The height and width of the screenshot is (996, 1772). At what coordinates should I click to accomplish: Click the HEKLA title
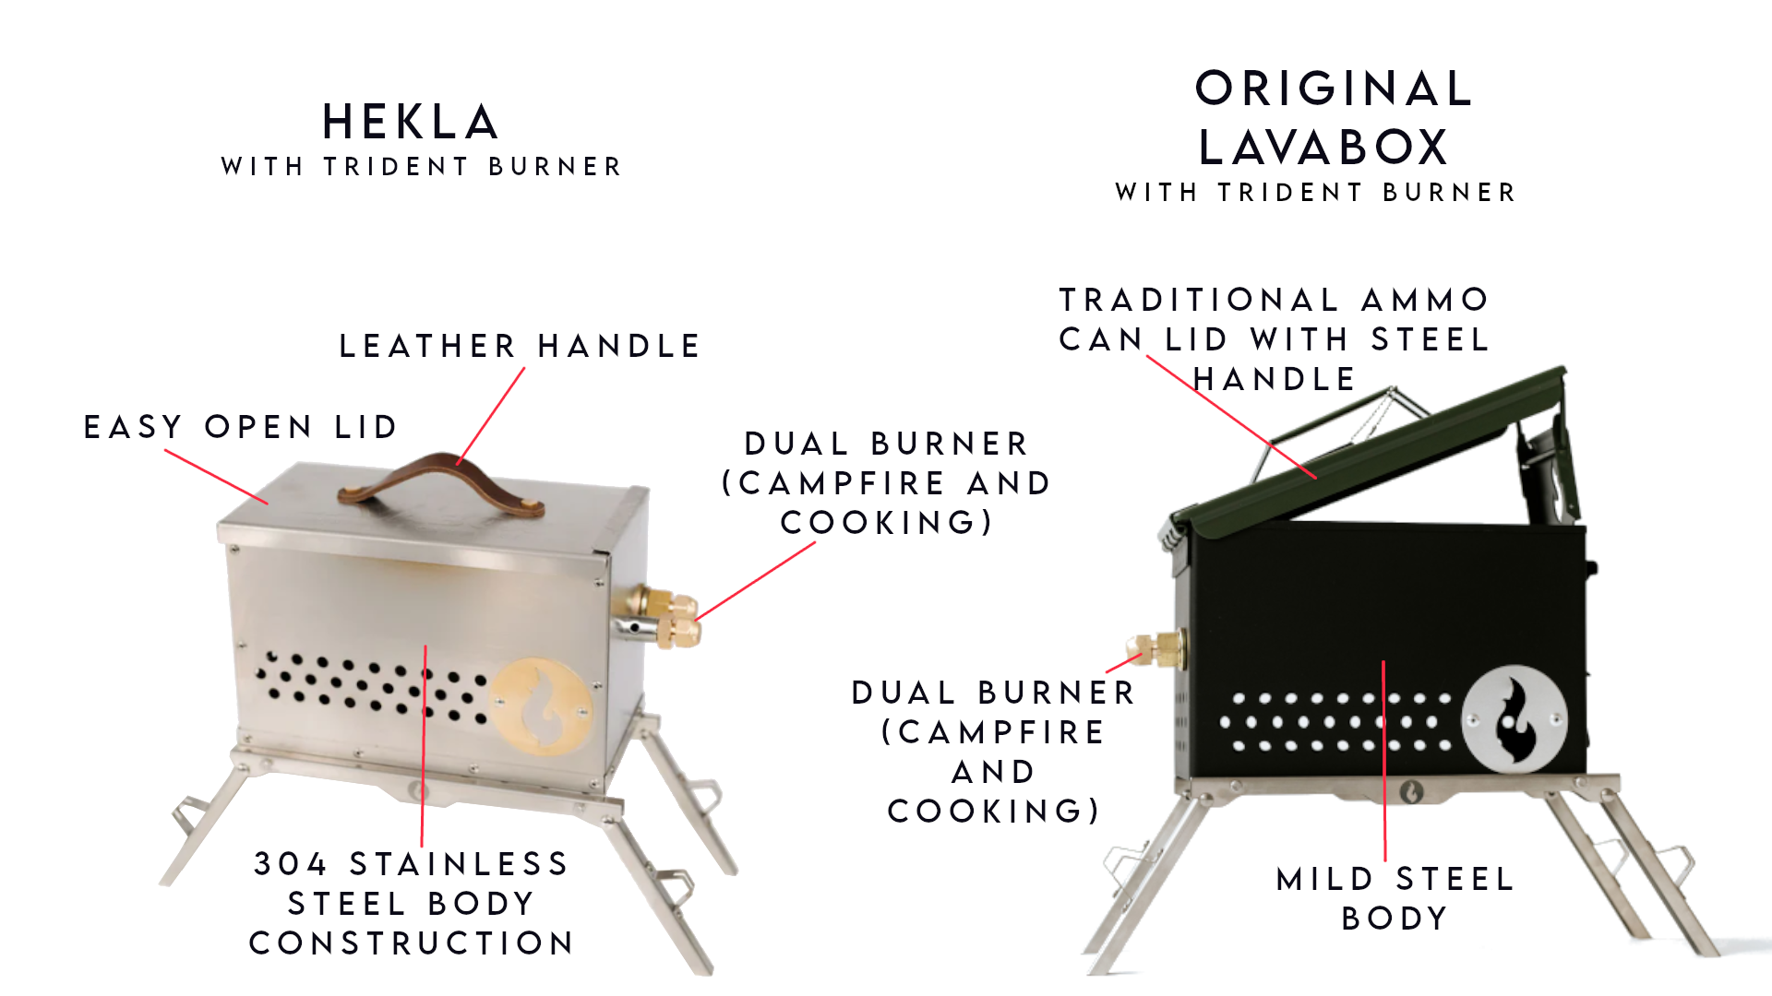(x=411, y=122)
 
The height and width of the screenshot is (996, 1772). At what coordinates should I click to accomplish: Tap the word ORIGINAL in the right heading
(x=1334, y=89)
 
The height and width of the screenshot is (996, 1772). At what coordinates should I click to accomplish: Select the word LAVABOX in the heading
(x=1323, y=147)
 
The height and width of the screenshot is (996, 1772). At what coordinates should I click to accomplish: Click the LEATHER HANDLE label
(x=520, y=346)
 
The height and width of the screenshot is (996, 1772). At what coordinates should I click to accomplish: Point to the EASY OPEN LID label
(x=240, y=427)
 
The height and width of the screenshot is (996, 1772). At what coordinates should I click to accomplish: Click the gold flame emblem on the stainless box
(x=541, y=706)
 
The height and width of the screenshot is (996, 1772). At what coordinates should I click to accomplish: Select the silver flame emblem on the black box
(x=1514, y=718)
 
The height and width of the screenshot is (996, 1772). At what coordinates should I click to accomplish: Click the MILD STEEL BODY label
(x=1395, y=898)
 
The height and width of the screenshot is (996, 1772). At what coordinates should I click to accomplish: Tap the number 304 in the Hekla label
(x=291, y=864)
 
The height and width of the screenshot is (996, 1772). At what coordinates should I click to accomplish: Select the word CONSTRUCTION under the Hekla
(x=412, y=943)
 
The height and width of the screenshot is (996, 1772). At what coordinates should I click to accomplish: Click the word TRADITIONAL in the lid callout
(x=1199, y=300)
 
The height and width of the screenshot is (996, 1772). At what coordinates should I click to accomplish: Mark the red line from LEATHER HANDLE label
(x=491, y=416)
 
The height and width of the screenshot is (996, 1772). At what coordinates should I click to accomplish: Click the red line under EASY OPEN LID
(x=217, y=477)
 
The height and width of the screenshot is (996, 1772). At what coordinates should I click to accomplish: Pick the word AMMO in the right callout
(x=1425, y=300)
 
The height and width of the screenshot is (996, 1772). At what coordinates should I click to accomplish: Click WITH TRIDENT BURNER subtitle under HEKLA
(x=422, y=167)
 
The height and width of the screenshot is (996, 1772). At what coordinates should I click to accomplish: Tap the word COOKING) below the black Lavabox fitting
(x=994, y=812)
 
